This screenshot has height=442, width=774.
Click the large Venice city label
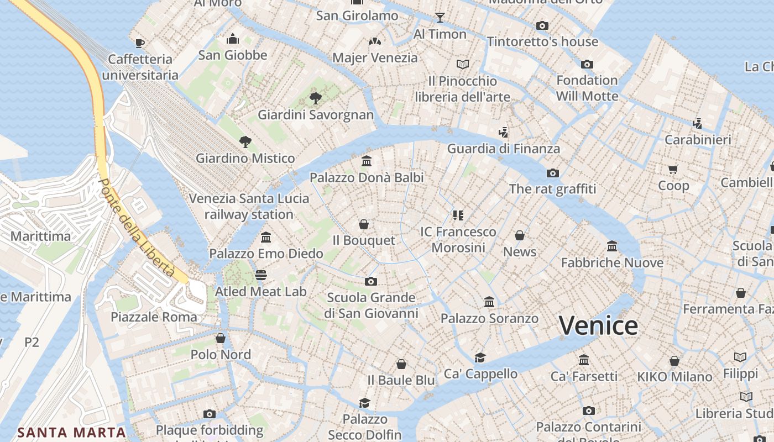point(598,325)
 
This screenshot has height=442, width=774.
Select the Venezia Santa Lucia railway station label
point(249,206)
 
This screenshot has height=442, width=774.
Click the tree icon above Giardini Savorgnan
point(316,98)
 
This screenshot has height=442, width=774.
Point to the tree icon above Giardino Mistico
point(245,142)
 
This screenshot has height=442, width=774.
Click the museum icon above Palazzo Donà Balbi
point(366,161)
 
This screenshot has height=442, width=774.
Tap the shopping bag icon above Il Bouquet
point(364,224)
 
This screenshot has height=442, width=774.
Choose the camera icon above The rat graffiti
point(552,173)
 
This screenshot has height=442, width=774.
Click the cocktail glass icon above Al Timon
point(440,18)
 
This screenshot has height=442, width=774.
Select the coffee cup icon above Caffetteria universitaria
point(140,43)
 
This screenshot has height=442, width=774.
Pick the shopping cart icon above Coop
point(673,169)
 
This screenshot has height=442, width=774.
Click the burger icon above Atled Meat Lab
point(261,275)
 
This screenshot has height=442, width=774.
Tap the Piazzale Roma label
point(154,317)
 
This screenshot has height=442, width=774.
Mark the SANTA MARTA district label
point(71,432)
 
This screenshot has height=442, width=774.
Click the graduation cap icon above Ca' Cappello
point(480,357)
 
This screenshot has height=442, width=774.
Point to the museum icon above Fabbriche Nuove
point(612,246)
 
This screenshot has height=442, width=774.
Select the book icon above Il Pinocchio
point(463,65)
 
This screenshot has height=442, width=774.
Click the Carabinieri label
point(698,140)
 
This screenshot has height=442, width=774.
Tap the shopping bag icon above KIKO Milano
point(674,361)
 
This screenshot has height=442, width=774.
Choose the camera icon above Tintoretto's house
point(542,25)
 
